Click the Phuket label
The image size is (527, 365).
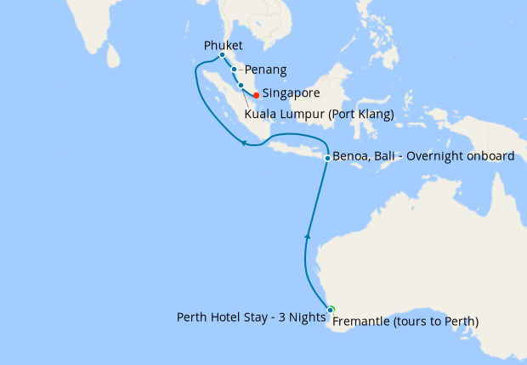pyautogui.click(x=224, y=45)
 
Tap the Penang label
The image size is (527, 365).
pyautogui.click(x=265, y=70)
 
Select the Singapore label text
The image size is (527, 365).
pyautogui.click(x=291, y=93)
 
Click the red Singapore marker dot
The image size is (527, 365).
pyautogui.click(x=256, y=94)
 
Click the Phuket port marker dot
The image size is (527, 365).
pyautogui.click(x=222, y=55)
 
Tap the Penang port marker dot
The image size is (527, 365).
pyautogui.click(x=235, y=70)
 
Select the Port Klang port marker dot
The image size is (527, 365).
pyautogui.click(x=241, y=85)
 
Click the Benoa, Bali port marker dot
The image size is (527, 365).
pyautogui.click(x=327, y=158)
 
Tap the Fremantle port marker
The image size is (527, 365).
pyautogui.click(x=331, y=310)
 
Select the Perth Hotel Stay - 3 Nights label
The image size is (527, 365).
pyautogui.click(x=251, y=317)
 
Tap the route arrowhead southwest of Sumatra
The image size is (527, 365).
pyautogui.click(x=243, y=143)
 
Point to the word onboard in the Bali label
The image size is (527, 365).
pyautogui.click(x=490, y=157)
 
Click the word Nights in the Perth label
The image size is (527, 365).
pyautogui.click(x=309, y=317)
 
